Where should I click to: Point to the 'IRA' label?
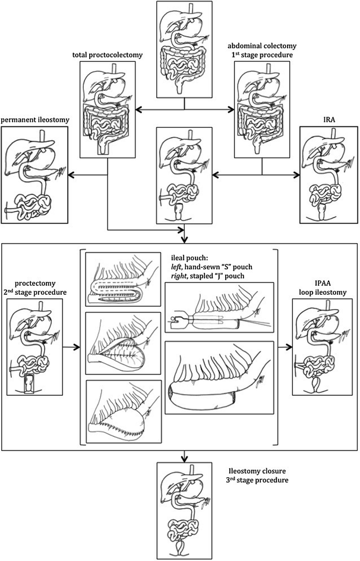pos(326,119)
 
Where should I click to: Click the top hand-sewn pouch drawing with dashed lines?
pos(123,279)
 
